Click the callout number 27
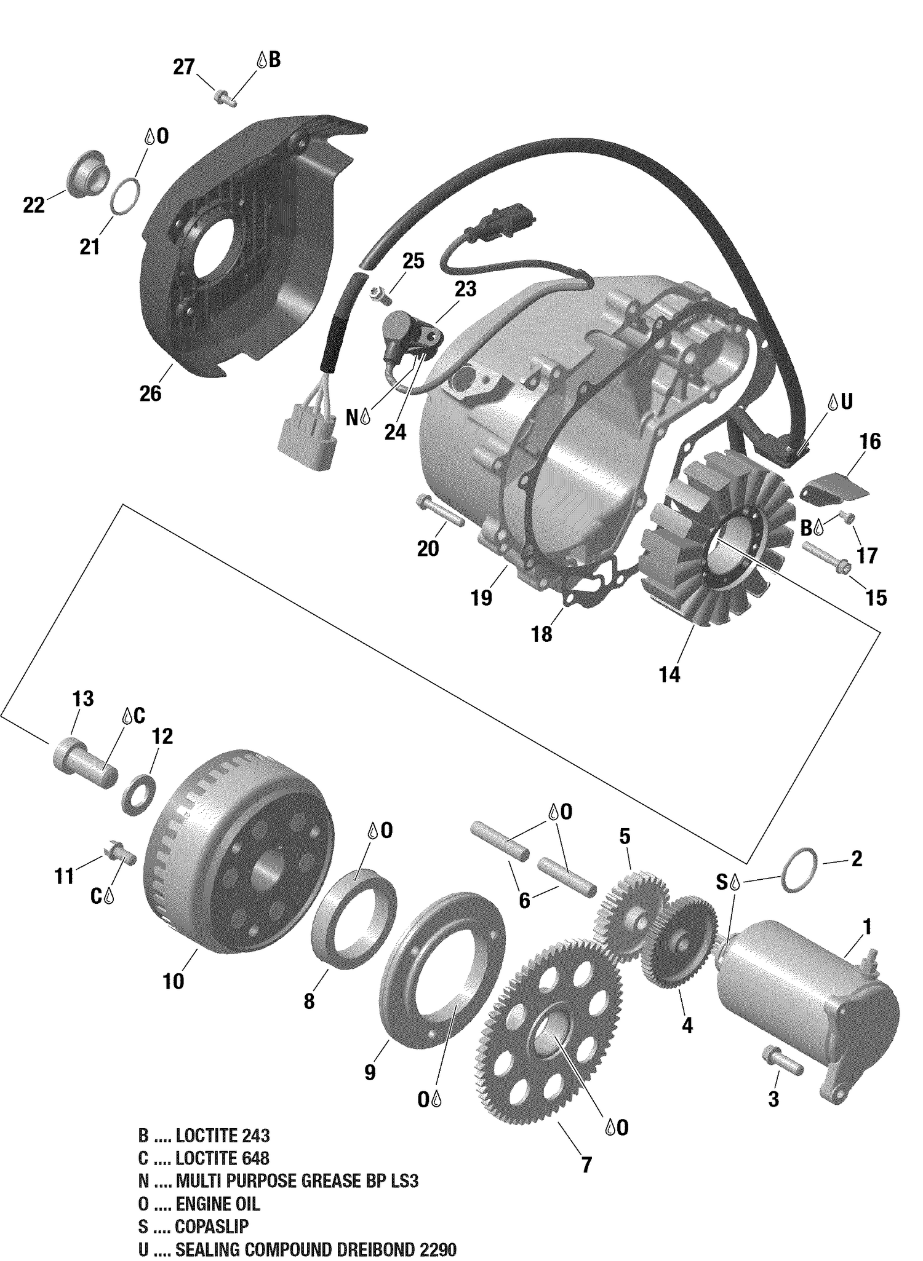click(x=183, y=66)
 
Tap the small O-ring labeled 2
click(x=799, y=869)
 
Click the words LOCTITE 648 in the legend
click(x=222, y=1158)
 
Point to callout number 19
click(x=481, y=598)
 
